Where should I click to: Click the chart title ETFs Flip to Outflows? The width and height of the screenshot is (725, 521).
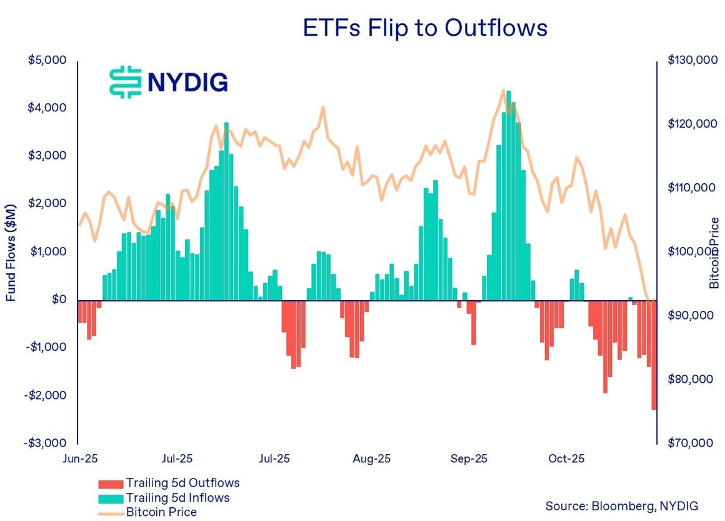(425, 28)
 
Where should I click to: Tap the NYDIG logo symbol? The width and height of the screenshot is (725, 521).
(125, 82)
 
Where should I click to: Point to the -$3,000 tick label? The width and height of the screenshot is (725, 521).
(46, 443)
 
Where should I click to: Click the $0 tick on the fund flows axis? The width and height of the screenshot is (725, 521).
(60, 300)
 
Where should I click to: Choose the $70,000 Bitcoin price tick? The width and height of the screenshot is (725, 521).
(690, 443)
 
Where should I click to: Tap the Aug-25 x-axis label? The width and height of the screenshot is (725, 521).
(371, 459)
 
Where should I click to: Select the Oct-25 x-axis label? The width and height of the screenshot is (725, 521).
(566, 459)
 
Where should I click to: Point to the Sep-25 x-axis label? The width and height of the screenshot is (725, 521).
(469, 459)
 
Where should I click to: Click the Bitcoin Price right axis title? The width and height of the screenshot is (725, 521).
(714, 253)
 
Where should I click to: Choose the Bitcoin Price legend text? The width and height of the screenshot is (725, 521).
(161, 513)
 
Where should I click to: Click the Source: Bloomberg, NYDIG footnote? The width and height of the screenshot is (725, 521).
(621, 505)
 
